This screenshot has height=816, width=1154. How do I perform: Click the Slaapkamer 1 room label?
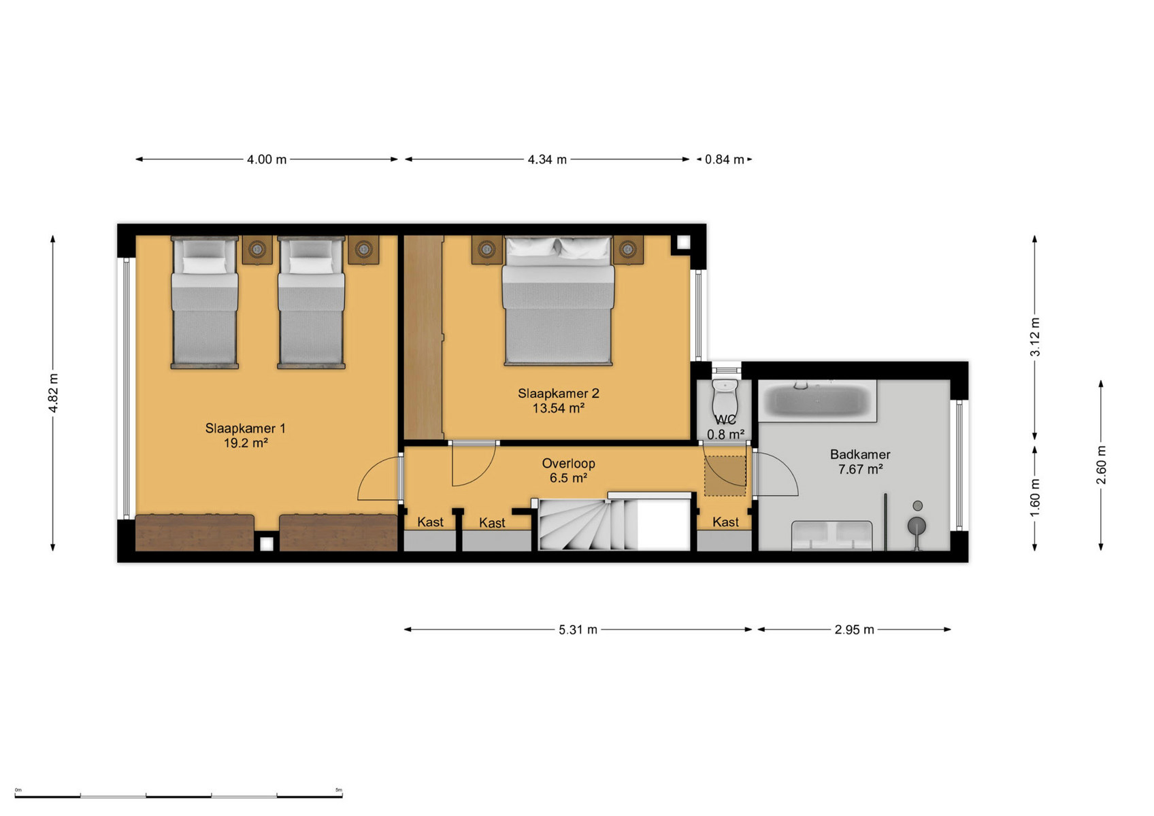[245, 428]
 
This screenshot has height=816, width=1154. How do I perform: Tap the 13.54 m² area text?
[559, 408]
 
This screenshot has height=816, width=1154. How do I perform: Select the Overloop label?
[568, 463]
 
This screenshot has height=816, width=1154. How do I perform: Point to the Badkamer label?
[860, 455]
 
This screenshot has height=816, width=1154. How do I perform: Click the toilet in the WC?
[725, 398]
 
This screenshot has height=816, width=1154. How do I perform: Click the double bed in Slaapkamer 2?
[559, 301]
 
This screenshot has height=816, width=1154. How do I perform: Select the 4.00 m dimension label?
[266, 160]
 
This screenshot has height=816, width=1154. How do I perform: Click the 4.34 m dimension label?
[547, 160]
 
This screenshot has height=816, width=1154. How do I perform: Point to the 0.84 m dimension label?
[725, 160]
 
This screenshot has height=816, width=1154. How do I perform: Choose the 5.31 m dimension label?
[578, 630]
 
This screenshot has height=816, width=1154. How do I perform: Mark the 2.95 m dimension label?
[854, 630]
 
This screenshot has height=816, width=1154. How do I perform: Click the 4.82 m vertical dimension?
[53, 393]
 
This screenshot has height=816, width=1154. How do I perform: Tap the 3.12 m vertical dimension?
[1035, 337]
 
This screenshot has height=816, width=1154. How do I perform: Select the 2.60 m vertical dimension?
[1101, 465]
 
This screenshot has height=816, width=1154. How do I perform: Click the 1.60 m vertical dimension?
[1035, 498]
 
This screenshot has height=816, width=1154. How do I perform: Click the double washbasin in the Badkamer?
[832, 535]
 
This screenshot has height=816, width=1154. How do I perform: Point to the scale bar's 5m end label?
[338, 789]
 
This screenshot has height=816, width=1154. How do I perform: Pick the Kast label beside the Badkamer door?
[725, 522]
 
